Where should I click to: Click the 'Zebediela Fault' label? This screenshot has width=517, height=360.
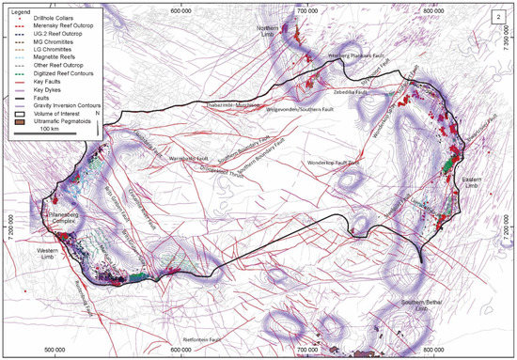pyautogui.click(x=349, y=93)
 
